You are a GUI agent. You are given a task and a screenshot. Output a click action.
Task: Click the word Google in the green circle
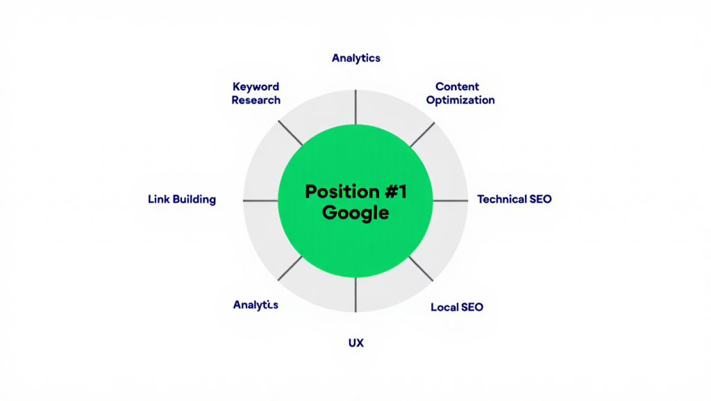(355, 212)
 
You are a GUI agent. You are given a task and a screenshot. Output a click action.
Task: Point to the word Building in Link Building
(194, 200)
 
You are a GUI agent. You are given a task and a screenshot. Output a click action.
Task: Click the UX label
(355, 343)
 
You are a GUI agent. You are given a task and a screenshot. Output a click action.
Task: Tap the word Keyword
(256, 87)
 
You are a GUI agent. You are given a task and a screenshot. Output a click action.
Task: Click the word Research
(256, 100)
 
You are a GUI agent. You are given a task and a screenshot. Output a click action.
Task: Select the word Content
(457, 87)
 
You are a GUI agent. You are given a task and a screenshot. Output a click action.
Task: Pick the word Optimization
(460, 100)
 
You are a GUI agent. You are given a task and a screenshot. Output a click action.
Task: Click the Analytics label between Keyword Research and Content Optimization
(355, 58)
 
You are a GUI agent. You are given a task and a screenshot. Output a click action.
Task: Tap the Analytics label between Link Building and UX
(256, 305)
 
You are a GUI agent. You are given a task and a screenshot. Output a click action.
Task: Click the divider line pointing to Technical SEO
(450, 201)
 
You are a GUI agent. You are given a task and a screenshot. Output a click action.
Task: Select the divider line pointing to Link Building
(260, 201)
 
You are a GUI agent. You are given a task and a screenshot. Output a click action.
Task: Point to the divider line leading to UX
(355, 295)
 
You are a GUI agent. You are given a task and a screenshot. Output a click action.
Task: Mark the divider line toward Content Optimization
(422, 135)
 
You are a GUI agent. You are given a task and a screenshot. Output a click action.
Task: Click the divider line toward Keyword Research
(290, 133)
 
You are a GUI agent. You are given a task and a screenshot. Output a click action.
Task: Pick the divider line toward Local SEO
(421, 268)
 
